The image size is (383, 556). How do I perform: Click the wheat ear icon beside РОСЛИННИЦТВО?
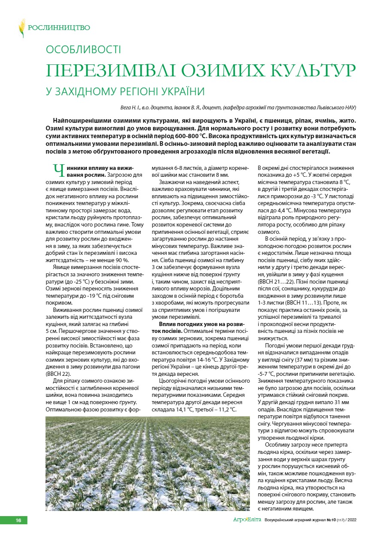point(21,27)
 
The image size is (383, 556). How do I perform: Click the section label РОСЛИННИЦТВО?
point(59,28)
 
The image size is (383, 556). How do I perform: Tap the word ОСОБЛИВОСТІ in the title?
point(84,50)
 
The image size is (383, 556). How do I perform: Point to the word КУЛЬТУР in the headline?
point(312,70)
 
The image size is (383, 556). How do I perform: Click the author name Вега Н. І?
point(131,107)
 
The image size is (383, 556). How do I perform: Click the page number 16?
point(18,520)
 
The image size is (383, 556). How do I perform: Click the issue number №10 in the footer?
point(330,520)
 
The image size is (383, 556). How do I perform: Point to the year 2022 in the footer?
point(350,520)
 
